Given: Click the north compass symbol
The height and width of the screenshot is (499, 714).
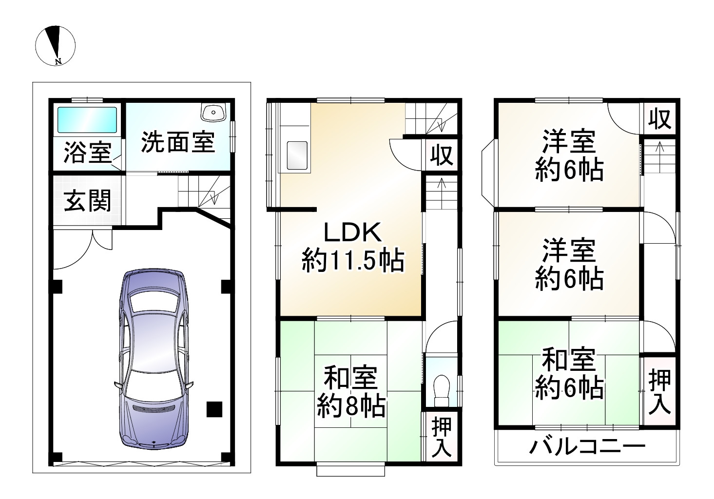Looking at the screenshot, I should [55, 46].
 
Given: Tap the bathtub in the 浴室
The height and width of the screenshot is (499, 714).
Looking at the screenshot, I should [87, 119].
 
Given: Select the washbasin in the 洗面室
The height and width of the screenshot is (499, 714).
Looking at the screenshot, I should [213, 113].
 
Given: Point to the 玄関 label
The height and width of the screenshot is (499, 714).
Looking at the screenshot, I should [88, 200].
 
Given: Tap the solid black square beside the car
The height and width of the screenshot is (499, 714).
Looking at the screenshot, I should [213, 409].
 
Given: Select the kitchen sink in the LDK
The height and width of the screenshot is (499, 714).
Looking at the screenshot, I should [296, 156].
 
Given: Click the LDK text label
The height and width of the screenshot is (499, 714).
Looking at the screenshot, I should [353, 233].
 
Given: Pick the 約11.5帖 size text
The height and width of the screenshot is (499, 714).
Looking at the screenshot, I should [353, 261].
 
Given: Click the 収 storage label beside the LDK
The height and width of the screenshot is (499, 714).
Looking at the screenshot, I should [442, 155].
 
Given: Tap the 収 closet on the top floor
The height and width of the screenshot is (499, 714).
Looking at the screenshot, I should [660, 118].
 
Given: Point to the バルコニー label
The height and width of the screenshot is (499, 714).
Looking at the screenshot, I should [587, 446].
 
